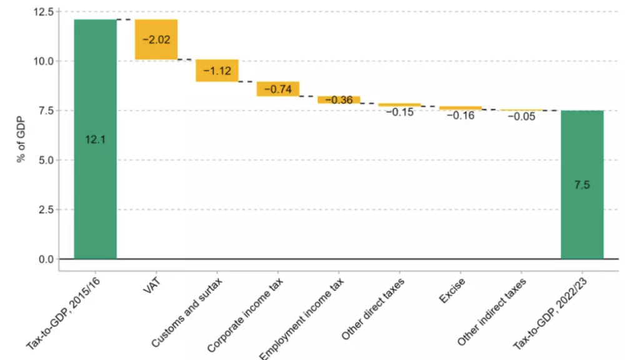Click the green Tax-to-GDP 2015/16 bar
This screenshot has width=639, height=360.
point(95,187)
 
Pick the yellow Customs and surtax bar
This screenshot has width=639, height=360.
point(217,71)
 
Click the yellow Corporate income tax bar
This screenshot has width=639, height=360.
point(278,89)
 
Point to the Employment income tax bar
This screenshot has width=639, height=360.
point(339,99)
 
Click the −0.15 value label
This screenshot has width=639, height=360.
point(399,112)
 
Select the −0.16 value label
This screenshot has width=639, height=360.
point(460,115)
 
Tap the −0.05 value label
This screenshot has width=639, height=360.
point(521,116)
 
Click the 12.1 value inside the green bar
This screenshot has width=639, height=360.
point(95,139)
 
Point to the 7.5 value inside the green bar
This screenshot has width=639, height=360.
point(582,185)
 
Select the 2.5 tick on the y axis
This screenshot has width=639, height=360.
point(44,209)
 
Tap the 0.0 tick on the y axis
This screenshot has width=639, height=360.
point(44,259)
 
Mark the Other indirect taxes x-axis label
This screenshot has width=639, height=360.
point(493,312)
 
